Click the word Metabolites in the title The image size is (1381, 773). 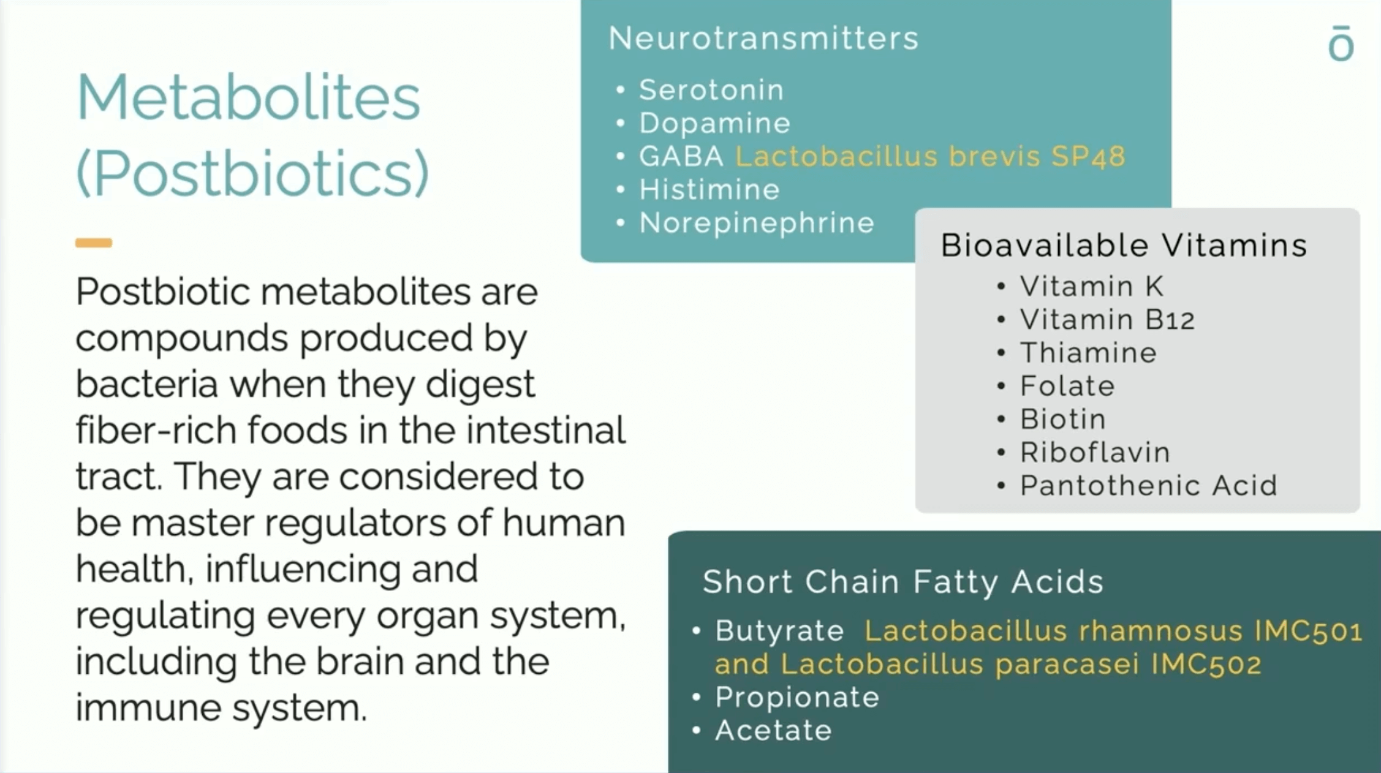coord(249,97)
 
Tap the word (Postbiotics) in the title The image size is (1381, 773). coord(252,173)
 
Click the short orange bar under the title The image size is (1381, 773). coord(94,243)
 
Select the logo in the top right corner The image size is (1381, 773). coord(1341,43)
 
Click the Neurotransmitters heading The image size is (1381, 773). coord(764,38)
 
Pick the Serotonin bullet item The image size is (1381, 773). coord(711,90)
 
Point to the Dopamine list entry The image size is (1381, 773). coord(715,123)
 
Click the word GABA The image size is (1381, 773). coord(681,156)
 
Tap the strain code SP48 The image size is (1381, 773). coord(1088,156)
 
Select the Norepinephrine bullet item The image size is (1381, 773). coord(757,223)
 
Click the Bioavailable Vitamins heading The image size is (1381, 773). coord(1124,245)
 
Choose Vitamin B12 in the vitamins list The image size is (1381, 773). coord(1107,320)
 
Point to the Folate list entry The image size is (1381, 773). coord(1067,386)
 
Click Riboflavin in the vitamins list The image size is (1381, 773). coord(1095,453)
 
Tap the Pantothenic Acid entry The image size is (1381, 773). coord(1149,486)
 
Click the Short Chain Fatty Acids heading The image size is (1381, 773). coord(903,581)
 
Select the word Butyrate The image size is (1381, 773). coord(779,631)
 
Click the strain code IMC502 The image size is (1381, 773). coord(1206,664)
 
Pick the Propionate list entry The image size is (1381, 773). coord(797,698)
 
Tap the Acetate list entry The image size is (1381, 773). coord(773,731)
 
